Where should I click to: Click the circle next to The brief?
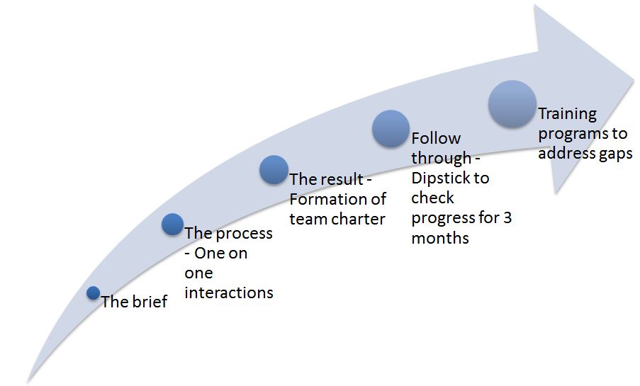94,293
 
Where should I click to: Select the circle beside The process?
173,224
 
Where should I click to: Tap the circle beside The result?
274,170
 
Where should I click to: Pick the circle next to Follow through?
391,128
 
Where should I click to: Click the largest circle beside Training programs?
512,104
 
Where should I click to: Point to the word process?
244,234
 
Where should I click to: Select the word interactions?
229,293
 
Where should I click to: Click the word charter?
358,219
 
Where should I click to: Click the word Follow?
436,139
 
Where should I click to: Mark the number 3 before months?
507,218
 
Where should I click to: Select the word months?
440,238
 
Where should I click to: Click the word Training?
567,114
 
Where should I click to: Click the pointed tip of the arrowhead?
634,80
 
